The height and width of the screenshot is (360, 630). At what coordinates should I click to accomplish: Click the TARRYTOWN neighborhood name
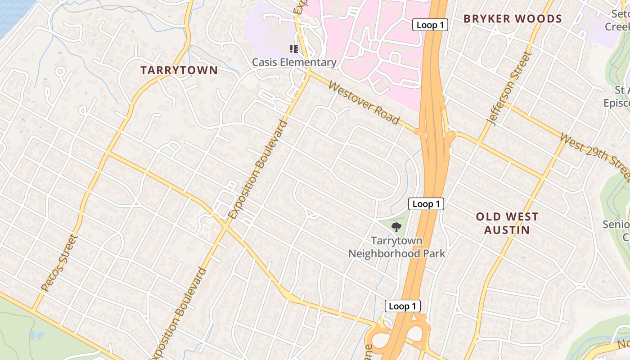coord(179,70)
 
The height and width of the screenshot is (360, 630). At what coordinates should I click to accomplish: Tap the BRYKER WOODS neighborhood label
coord(513,19)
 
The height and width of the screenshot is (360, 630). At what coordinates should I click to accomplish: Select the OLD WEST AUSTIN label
coord(507,223)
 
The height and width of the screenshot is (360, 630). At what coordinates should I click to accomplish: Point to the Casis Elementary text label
coord(294,63)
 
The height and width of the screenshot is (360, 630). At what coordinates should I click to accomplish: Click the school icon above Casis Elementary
coord(294,49)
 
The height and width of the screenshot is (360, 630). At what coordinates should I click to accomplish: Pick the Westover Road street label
coord(364,103)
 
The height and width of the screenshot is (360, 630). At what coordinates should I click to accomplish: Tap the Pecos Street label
coord(59,262)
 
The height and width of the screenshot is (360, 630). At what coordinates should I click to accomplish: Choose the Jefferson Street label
coord(509,89)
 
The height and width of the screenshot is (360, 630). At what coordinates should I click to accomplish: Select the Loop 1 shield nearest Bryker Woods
coord(430,25)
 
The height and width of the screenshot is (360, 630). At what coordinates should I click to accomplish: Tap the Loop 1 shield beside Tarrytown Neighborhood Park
coord(426,204)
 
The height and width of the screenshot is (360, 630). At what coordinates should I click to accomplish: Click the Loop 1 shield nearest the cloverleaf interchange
coord(402,306)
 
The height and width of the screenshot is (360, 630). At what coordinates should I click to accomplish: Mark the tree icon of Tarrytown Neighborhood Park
coord(396,227)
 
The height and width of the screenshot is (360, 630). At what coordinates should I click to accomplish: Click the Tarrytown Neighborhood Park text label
coord(396,247)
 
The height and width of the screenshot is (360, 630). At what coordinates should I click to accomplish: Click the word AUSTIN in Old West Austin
coord(507,230)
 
